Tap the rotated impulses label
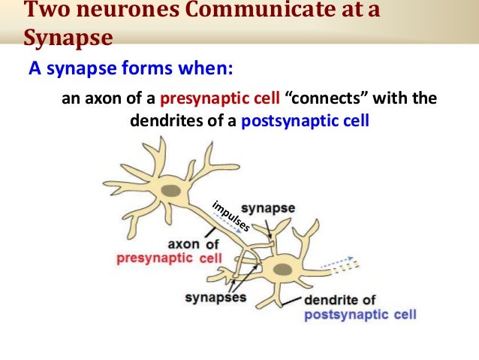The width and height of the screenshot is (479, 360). pyautogui.click(x=230, y=216)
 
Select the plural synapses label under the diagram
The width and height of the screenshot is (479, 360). pyautogui.click(x=215, y=298)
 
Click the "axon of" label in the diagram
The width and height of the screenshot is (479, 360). pyautogui.click(x=194, y=244)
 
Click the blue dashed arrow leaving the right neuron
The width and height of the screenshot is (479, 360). pyautogui.click(x=342, y=262)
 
